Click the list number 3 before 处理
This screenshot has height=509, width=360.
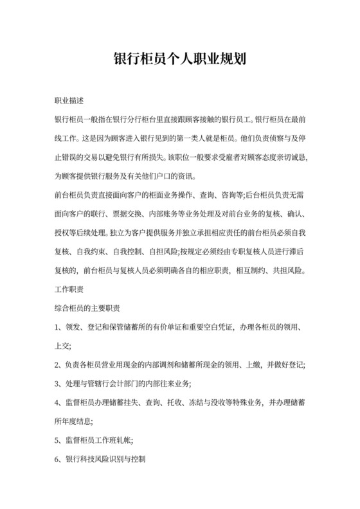[x=57, y=383]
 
